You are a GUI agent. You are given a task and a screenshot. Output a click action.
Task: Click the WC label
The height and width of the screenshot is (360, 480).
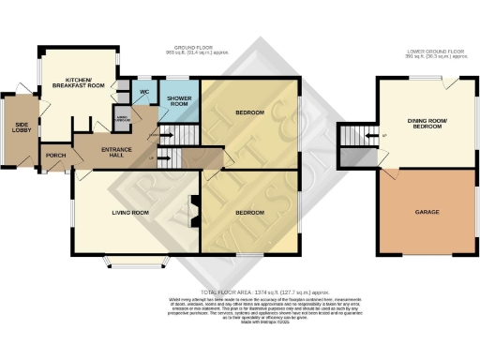145,92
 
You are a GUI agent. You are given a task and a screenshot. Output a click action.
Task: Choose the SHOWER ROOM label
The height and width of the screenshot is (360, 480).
179,102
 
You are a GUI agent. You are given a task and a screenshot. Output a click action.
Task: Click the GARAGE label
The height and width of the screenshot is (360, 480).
427,212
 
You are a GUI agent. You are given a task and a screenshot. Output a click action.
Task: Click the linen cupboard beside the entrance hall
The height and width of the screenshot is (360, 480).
122,116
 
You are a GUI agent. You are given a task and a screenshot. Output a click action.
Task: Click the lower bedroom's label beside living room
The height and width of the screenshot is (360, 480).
249,213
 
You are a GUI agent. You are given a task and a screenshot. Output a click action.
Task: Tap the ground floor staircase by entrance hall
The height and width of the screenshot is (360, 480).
169,155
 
